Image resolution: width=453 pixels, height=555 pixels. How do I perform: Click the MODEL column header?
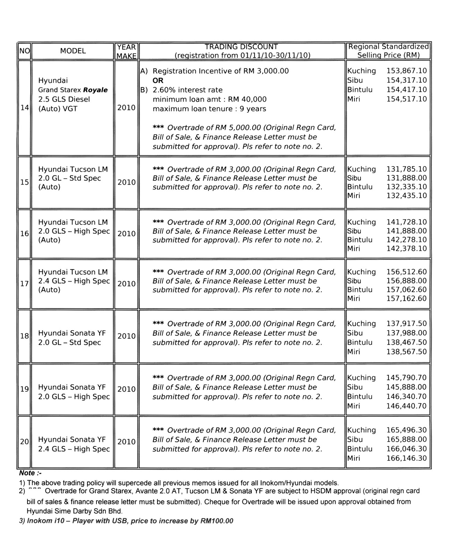point(73,51)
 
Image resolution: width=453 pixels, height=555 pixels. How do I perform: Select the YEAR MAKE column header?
point(126,51)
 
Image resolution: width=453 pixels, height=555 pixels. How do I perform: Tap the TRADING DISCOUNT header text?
point(242,47)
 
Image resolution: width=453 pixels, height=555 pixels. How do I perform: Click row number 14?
point(24,108)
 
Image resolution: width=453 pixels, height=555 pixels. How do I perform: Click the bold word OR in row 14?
point(158,80)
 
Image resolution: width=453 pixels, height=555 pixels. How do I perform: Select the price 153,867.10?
point(406,71)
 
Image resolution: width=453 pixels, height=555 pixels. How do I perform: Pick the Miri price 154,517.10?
point(406,99)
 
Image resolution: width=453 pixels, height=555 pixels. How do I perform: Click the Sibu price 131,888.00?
point(406,178)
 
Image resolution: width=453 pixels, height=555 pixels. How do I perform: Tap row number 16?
point(24,234)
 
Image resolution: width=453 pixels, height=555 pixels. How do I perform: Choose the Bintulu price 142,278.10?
point(406,240)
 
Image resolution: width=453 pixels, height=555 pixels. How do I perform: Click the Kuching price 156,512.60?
point(406,272)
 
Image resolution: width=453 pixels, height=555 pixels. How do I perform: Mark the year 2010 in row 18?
point(126,336)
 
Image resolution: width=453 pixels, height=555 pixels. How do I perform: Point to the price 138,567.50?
point(406,352)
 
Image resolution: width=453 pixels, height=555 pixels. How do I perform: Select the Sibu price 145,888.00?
point(406,387)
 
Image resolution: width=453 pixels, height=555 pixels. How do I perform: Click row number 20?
point(24,442)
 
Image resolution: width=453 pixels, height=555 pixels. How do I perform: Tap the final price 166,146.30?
point(406,458)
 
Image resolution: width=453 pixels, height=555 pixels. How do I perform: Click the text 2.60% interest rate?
point(187,90)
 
